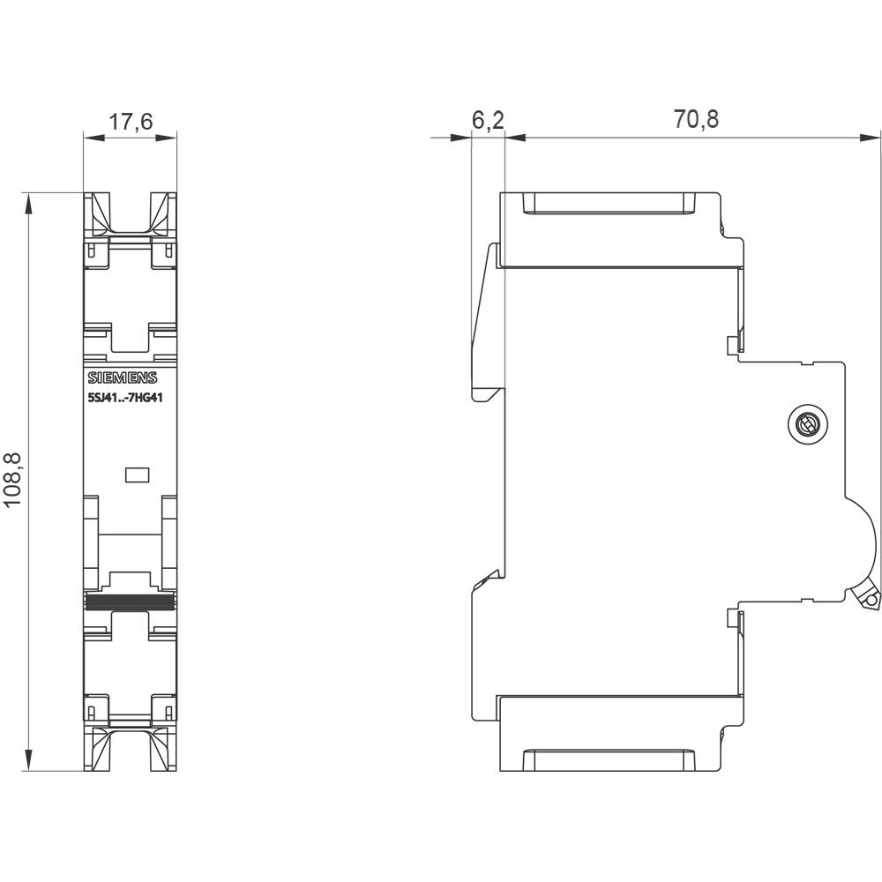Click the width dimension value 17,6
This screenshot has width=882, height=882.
(x=131, y=122)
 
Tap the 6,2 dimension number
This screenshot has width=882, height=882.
(x=487, y=120)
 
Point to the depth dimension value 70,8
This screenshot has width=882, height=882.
(x=696, y=120)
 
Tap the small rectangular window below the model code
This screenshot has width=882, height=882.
(x=138, y=475)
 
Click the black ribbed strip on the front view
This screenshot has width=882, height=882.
(x=130, y=602)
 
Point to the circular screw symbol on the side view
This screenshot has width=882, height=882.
(x=806, y=426)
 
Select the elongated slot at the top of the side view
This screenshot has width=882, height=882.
(x=608, y=205)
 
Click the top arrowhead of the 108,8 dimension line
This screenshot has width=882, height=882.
(x=29, y=203)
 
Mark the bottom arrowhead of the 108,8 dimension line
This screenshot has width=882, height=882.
(x=29, y=760)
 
